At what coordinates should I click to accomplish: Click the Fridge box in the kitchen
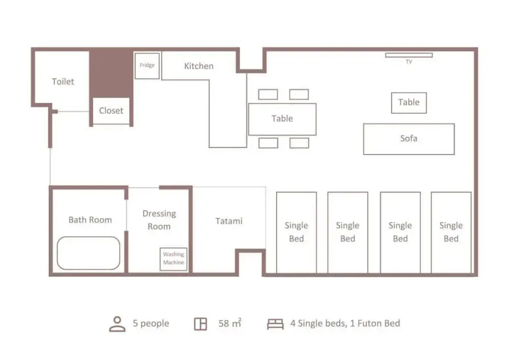click(x=147, y=66)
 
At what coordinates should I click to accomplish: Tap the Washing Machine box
click(x=174, y=259)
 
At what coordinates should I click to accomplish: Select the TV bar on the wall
click(x=409, y=55)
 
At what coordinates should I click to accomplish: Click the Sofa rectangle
click(x=409, y=139)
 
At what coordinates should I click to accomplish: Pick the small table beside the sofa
click(x=409, y=103)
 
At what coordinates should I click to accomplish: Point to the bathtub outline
click(x=89, y=253)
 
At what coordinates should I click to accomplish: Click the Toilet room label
click(x=63, y=82)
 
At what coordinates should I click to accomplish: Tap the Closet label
click(x=111, y=111)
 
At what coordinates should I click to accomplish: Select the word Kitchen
click(x=199, y=66)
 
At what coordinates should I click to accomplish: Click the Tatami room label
click(x=229, y=221)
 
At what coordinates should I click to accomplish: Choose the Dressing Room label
click(x=159, y=220)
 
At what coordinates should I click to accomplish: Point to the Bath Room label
click(x=90, y=220)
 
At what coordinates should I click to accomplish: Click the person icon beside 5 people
click(x=117, y=324)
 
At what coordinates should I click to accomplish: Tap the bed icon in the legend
click(x=275, y=324)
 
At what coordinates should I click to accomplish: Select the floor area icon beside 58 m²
click(x=201, y=324)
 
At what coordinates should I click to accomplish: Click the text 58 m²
click(x=230, y=323)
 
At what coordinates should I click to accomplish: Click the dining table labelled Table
click(x=282, y=119)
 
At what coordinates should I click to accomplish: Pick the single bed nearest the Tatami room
click(x=296, y=233)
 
